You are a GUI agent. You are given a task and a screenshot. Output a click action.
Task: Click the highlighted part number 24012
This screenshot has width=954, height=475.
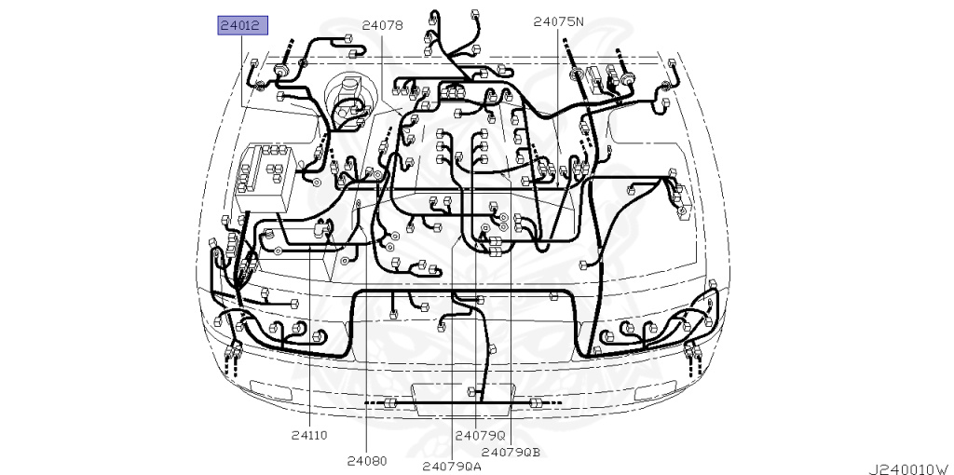243,26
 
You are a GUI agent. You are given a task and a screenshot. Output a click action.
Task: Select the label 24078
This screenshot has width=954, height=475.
382,25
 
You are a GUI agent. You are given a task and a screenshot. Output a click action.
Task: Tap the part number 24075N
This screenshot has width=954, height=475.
559,22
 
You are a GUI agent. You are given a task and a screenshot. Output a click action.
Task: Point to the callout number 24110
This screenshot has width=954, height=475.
309,435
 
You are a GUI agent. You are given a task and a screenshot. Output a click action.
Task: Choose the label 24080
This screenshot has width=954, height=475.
367,460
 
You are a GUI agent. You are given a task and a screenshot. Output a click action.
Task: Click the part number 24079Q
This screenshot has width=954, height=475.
481,435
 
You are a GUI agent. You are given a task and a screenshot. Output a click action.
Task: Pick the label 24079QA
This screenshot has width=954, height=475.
452,466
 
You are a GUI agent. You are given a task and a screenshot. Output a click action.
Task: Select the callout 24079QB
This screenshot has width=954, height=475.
511,452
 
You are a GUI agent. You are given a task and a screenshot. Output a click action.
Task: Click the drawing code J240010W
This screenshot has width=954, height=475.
910,468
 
